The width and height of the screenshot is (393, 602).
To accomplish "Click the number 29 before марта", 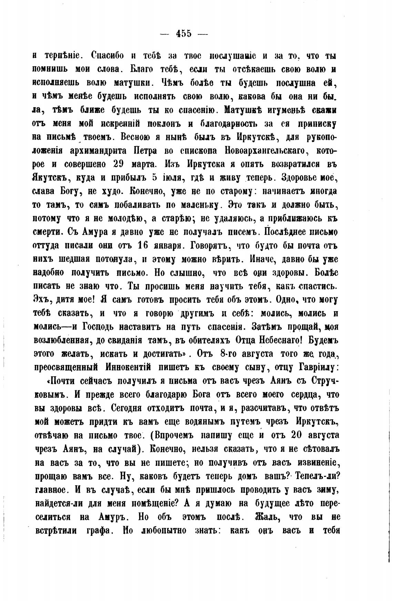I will (x=118, y=164).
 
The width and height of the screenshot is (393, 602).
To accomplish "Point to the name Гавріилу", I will (x=313, y=367).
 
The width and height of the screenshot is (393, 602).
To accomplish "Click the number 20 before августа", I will (x=298, y=435).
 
